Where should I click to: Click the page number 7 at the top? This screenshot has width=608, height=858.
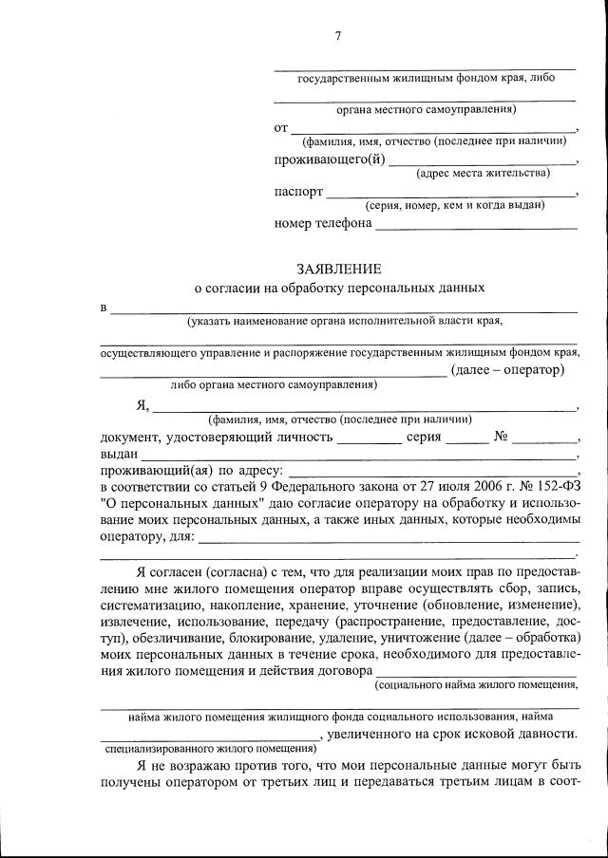pos(338,36)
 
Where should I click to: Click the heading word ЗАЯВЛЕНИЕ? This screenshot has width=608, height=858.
pos(338,268)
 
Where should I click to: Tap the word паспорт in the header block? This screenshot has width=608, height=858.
pos(298,191)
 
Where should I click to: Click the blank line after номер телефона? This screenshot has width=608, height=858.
pos(476,226)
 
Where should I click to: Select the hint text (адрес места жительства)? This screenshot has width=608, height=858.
pos(483,173)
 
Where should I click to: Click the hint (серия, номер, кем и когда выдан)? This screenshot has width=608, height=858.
pos(455,205)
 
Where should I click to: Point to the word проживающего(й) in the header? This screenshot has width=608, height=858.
pos(330,159)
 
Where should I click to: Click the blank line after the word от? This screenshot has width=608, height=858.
pos(432,128)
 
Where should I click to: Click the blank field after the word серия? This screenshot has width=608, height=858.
pos(466,439)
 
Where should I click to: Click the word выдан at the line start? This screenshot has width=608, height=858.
pos(119,455)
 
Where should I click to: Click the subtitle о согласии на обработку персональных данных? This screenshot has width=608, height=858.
pos(339,286)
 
